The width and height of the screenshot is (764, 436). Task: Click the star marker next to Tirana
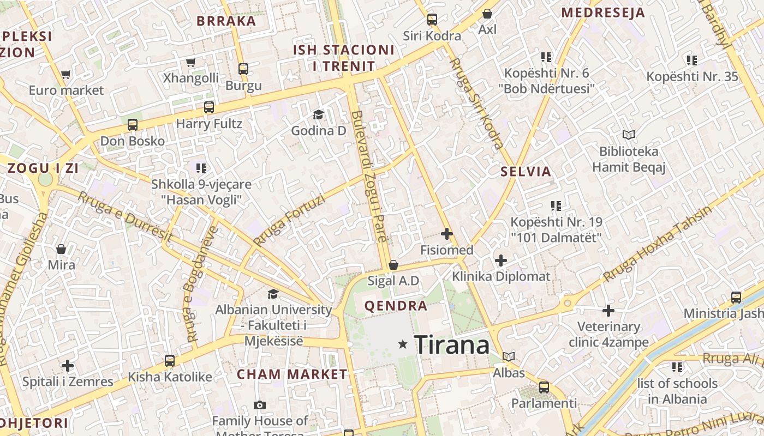[403, 344]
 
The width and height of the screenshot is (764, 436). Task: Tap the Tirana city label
[452, 345]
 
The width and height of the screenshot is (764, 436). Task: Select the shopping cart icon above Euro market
[66, 74]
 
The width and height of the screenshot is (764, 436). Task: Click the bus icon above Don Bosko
[133, 125]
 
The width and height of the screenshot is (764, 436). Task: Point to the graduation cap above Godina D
[318, 114]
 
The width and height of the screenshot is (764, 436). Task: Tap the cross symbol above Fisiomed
[446, 234]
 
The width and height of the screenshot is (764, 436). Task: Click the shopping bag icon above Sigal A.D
[393, 265]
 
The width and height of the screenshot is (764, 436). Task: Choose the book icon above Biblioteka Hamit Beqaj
[629, 135]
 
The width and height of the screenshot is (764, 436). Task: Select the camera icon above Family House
[260, 405]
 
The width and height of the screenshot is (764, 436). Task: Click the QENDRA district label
[396, 306]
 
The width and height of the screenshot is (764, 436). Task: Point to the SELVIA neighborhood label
[526, 172]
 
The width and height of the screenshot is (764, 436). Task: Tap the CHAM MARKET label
[292, 374]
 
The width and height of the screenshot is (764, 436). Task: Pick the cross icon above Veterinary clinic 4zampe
[608, 311]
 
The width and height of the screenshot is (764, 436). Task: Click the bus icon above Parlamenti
[544, 387]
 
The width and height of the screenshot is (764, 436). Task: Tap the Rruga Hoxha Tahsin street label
[658, 244]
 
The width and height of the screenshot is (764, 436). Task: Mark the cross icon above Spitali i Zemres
[68, 365]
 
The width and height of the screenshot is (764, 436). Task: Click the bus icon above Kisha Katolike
[170, 361]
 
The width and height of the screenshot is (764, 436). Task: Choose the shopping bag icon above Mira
[61, 249]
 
